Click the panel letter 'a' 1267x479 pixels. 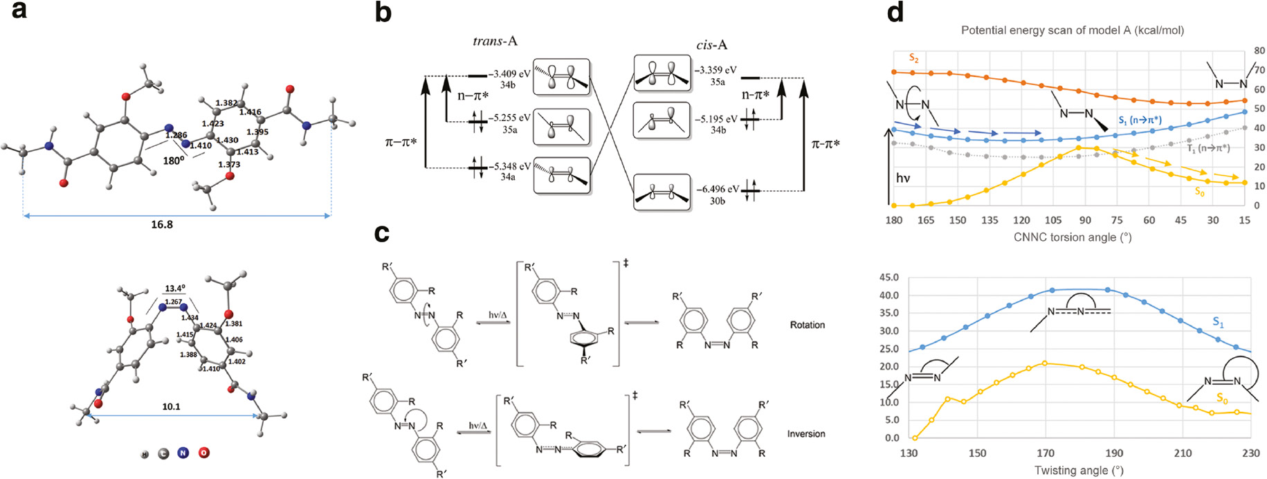pyautogui.click(x=19, y=11)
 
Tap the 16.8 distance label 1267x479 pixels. pyautogui.click(x=162, y=225)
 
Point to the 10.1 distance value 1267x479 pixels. pyautogui.click(x=171, y=406)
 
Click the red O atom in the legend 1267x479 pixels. pyautogui.click(x=203, y=453)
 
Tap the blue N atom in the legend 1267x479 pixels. pyautogui.click(x=183, y=453)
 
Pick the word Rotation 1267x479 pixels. pyautogui.click(x=807, y=325)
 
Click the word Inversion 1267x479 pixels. pyautogui.click(x=806, y=434)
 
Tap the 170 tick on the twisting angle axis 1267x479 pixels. pyautogui.click(x=1046, y=453)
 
